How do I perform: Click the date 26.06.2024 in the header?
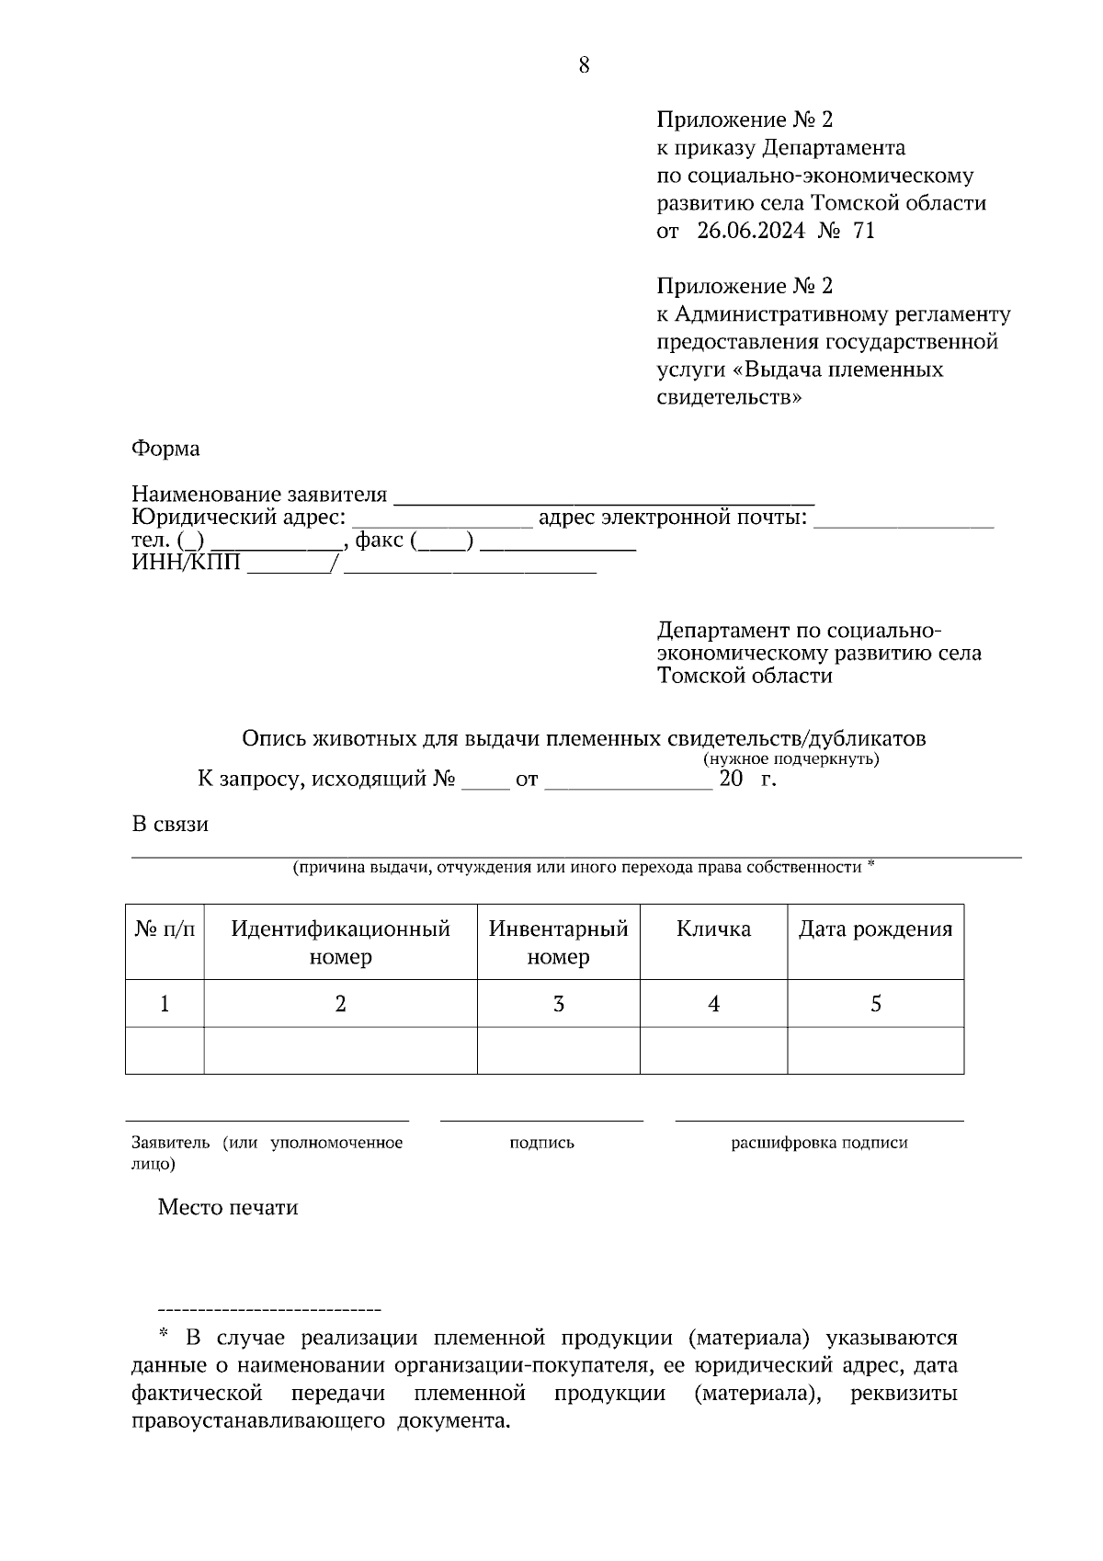coord(750,231)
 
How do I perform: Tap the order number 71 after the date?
coord(864,231)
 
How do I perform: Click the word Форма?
coord(165,449)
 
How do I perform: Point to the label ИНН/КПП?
coord(187,563)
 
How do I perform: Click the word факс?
coord(379,541)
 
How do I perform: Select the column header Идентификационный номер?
coord(340,942)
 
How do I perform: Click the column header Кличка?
coord(713,929)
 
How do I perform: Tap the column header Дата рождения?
coord(875,929)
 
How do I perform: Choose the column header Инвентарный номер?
coord(558,942)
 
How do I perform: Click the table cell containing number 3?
coord(558,1004)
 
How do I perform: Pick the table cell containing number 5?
coord(875,1004)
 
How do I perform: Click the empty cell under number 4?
coord(713,1051)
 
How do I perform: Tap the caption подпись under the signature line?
coord(541,1143)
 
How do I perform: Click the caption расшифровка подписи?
coord(819,1143)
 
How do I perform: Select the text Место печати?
coord(228,1207)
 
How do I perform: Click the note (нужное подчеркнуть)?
coord(791,759)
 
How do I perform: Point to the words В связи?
coord(170,824)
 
